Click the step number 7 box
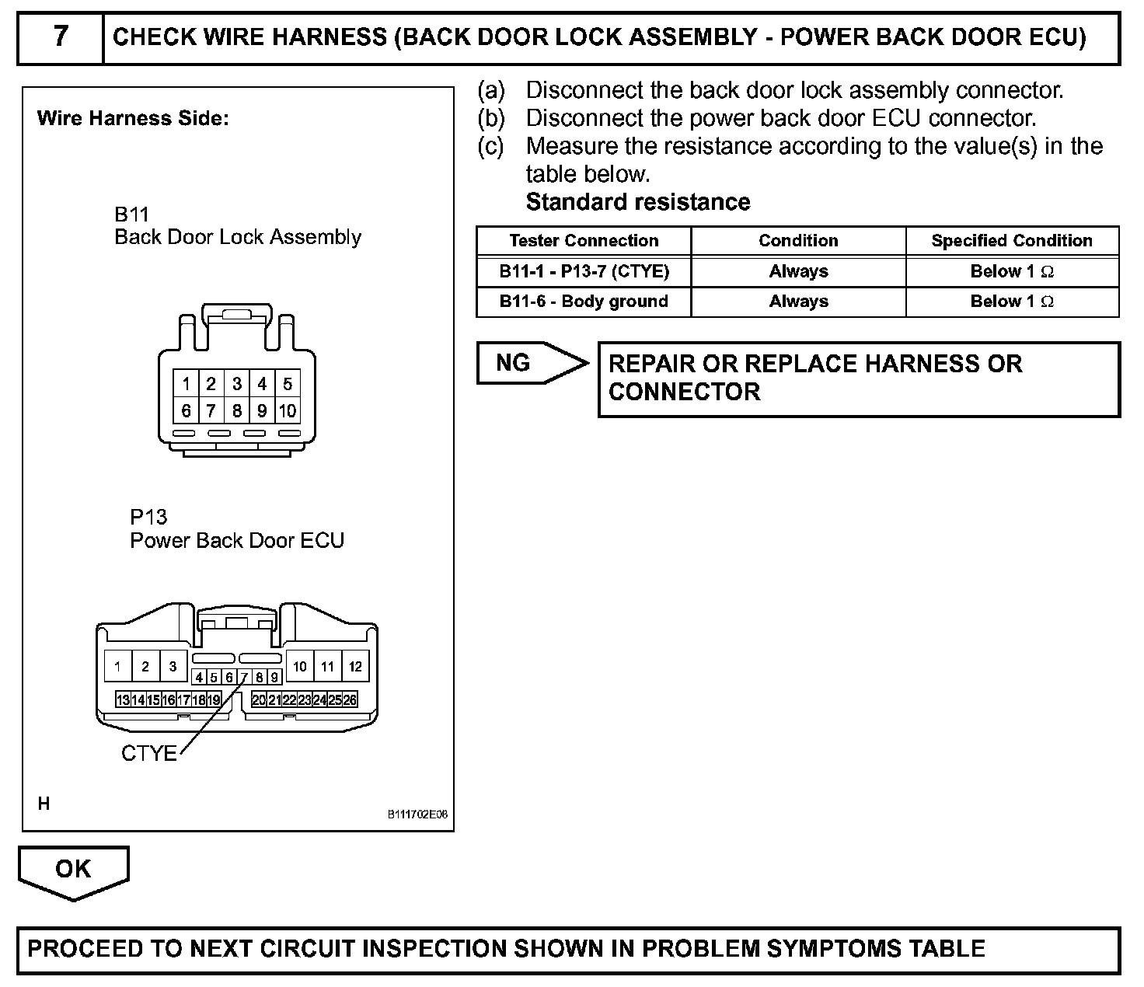click(x=61, y=37)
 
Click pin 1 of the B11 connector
click(x=186, y=383)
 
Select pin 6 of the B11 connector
click(x=186, y=410)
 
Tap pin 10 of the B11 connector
click(x=288, y=410)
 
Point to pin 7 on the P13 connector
click(x=244, y=677)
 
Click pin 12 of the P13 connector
click(x=355, y=666)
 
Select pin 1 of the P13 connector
click(x=117, y=666)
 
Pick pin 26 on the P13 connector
click(x=350, y=699)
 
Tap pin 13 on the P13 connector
click(x=123, y=699)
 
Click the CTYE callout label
click(x=148, y=753)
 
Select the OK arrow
click(x=73, y=870)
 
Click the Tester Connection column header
click(x=584, y=241)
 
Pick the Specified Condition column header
click(x=1012, y=241)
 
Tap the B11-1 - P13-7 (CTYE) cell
click(x=584, y=271)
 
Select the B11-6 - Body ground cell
click(x=584, y=302)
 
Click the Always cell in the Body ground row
click(x=798, y=302)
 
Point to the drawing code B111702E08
click(x=417, y=814)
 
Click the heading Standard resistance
click(x=638, y=202)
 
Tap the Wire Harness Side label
click(x=133, y=119)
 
